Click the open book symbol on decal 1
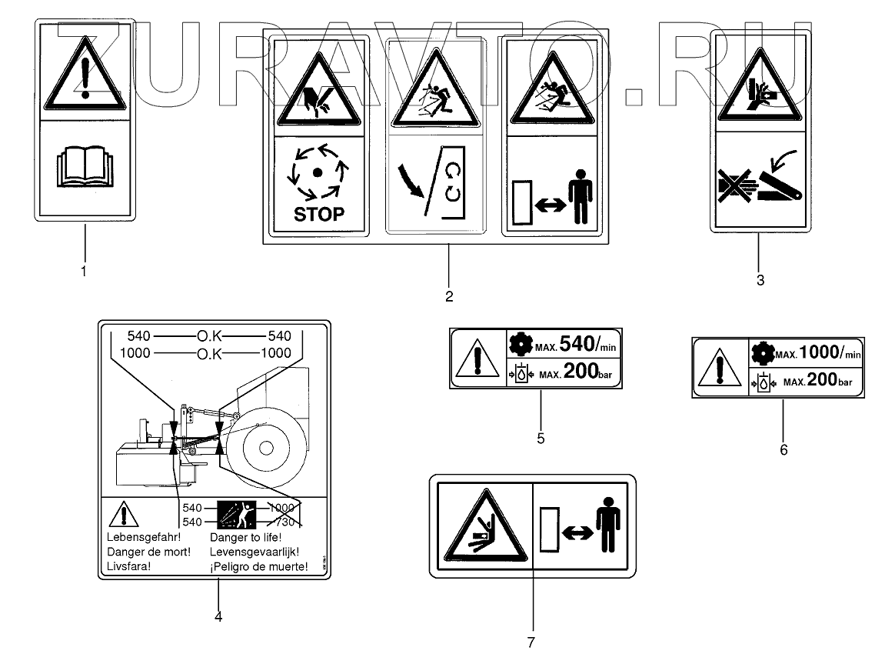click(85, 169)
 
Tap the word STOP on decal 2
click(319, 213)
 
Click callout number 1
click(84, 271)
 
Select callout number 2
click(448, 295)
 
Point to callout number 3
click(760, 280)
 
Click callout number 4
click(218, 616)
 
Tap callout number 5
click(541, 438)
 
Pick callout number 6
click(784, 449)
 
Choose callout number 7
click(531, 640)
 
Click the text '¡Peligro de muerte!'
click(258, 567)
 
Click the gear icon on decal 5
click(520, 344)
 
